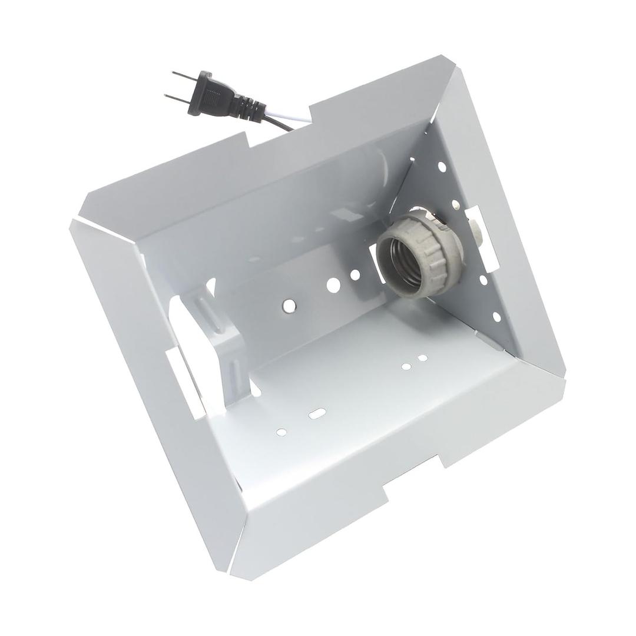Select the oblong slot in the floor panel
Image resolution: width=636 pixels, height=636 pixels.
click(x=317, y=413)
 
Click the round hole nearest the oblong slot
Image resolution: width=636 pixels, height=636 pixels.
click(x=281, y=432)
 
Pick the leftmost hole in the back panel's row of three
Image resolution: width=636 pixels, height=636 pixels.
click(x=289, y=305)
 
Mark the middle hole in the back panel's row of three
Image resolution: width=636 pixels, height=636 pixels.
click(x=333, y=284)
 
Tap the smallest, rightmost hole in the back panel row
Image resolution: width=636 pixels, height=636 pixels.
click(x=355, y=274)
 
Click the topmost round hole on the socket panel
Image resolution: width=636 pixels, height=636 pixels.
click(x=442, y=167)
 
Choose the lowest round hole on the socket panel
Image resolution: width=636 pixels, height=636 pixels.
click(x=496, y=317)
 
